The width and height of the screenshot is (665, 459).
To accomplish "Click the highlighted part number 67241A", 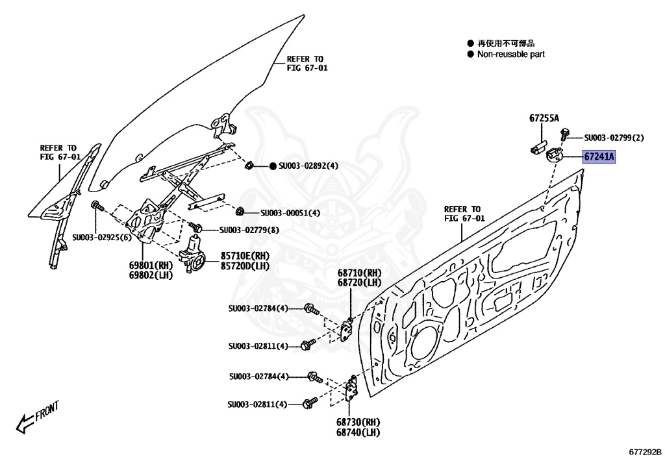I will point(598,156).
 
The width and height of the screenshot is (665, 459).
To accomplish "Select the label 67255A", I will point(544,118).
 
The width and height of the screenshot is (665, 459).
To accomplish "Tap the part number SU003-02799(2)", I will point(614,138).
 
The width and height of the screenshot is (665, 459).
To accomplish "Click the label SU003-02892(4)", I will point(308,166).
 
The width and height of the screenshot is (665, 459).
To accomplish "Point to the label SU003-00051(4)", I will point(290,213).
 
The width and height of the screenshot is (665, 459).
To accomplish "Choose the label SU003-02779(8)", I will point(249,229).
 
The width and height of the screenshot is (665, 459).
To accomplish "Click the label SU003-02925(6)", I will point(102,237).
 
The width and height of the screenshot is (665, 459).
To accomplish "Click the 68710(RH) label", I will point(359,273).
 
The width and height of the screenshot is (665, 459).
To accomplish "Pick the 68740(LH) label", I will point(358,432).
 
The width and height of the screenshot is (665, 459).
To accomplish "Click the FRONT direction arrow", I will point(39,416).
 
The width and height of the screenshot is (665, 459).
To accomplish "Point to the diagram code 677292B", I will point(644,450).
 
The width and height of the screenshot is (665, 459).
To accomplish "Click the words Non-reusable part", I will point(511,55).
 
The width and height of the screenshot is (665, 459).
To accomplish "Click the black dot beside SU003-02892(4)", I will point(273,166).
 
